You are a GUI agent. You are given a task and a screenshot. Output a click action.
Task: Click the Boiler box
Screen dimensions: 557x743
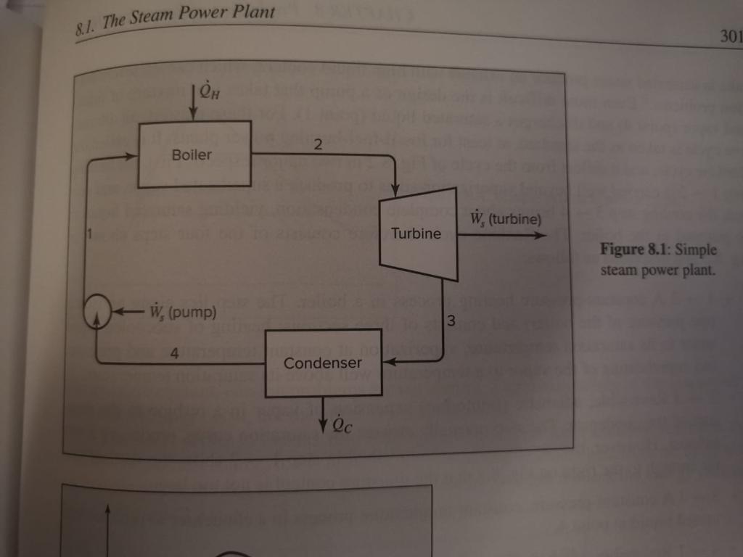pos(193,154)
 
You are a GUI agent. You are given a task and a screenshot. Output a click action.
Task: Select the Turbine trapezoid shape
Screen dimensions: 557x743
pos(418,233)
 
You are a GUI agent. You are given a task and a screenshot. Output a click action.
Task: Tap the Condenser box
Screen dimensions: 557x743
pos(323,362)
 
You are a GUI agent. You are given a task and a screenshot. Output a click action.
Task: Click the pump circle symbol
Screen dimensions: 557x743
pos(97,313)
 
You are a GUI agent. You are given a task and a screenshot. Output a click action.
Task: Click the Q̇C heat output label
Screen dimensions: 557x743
pos(343,426)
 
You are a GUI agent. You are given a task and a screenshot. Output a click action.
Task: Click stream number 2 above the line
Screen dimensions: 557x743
pos(317,144)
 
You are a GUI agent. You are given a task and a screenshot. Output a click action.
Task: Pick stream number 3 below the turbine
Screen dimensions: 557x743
pos(451,320)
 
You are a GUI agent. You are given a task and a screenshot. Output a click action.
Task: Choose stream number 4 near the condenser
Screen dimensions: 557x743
pos(173,353)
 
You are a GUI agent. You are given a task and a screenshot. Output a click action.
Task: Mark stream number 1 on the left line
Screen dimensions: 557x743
pos(89,233)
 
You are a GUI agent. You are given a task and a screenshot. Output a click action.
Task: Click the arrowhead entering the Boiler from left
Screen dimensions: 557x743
pos(132,154)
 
